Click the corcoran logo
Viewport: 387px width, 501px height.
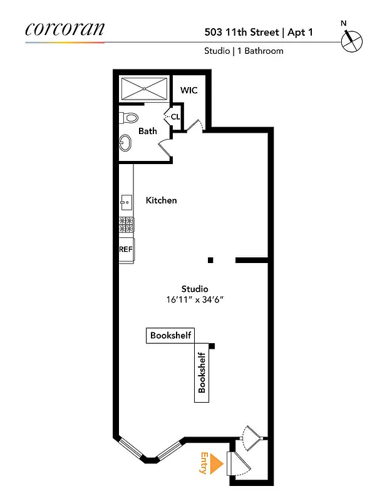tap(65, 29)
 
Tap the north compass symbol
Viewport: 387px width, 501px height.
tap(351, 40)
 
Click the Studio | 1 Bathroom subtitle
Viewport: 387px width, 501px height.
tap(244, 51)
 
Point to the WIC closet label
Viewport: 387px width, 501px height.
tap(188, 90)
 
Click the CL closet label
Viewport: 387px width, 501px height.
tap(175, 116)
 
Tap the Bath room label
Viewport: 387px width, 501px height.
tap(148, 132)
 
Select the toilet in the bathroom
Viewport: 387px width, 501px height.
tap(129, 117)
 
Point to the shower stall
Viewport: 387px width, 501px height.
tap(144, 88)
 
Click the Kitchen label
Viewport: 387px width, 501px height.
tap(161, 200)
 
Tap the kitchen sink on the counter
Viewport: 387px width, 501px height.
tap(126, 202)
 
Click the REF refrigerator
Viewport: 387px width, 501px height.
tap(126, 249)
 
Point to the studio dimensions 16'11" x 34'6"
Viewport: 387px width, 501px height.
tap(194, 299)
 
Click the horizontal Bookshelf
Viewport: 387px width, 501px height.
tap(170, 336)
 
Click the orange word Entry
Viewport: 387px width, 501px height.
tap(204, 463)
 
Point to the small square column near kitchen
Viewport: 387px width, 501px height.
tap(211, 260)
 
